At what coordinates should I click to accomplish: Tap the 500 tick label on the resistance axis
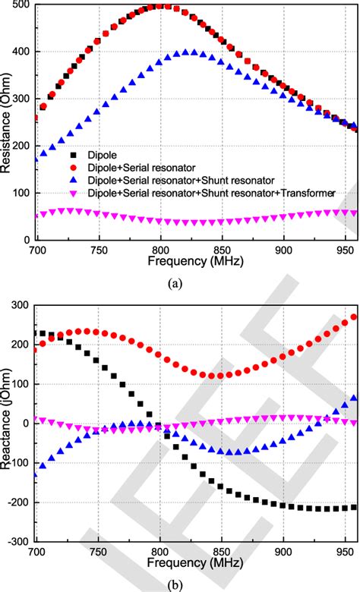[x=21, y=5]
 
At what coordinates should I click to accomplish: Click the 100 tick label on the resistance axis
[x=21, y=194]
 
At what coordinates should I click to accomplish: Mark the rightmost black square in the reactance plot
[x=353, y=508]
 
